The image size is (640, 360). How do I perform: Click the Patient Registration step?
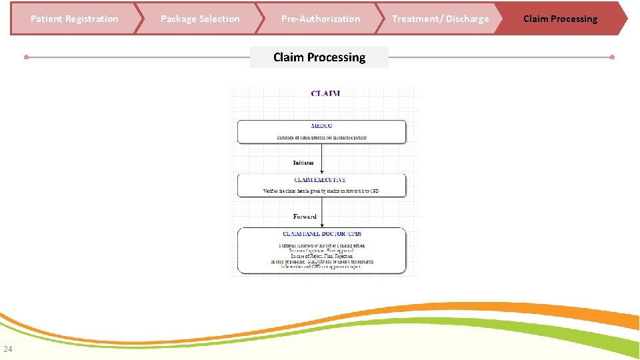tap(74, 19)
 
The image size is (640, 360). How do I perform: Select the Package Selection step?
tap(200, 19)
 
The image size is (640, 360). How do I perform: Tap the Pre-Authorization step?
tap(321, 19)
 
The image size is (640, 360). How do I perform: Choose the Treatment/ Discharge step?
tap(440, 19)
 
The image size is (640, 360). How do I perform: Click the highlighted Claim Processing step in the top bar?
tap(560, 19)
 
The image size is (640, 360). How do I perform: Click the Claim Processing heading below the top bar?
tap(319, 57)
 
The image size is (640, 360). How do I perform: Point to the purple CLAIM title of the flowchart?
tap(325, 93)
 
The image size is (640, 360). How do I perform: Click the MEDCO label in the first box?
tap(321, 126)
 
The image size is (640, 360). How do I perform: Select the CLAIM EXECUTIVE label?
tap(320, 180)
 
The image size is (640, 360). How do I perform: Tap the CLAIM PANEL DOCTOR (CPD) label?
tap(323, 234)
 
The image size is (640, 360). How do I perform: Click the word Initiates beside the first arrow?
tap(303, 163)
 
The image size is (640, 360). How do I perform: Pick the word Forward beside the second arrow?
tap(305, 216)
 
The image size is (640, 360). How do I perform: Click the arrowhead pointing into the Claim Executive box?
tap(322, 172)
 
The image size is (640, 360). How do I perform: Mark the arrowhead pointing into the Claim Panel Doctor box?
tap(322, 225)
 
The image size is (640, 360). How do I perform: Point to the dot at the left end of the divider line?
tap(26, 57)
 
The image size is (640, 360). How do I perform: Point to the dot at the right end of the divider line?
tap(612, 57)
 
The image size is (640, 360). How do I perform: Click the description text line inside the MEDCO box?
tap(321, 137)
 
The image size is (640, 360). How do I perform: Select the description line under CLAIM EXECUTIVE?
tap(321, 191)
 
